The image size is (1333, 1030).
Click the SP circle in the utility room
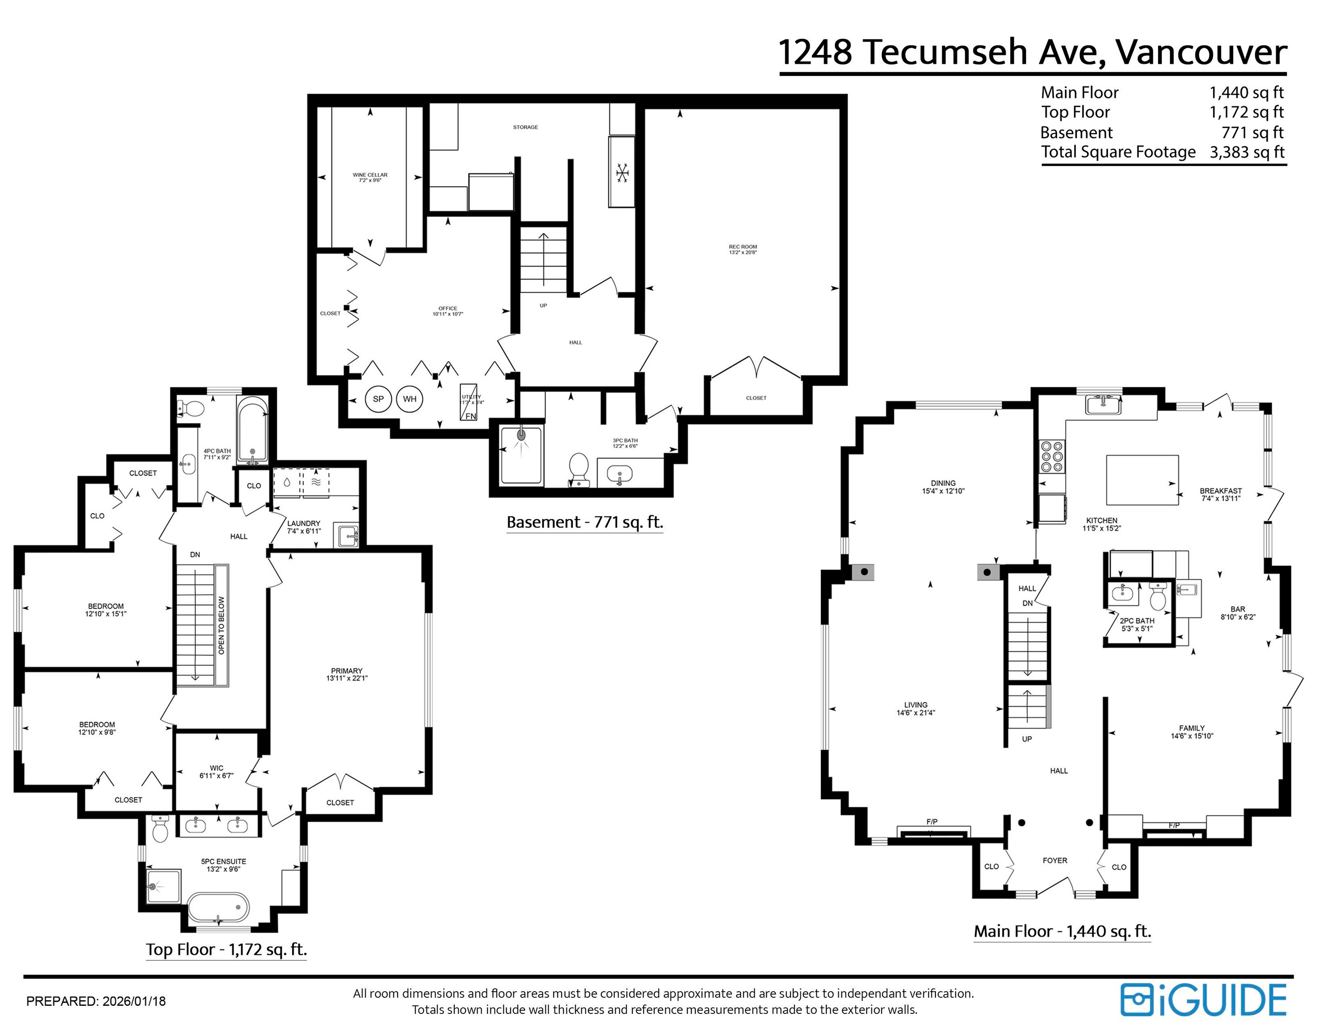pos(378,399)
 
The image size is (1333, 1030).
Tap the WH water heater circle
pos(410,399)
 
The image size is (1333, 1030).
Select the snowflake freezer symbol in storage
pos(622,173)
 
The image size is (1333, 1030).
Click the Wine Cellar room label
pos(370,177)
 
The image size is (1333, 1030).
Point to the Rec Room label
pos(742,249)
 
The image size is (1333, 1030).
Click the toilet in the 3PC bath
pos(578,469)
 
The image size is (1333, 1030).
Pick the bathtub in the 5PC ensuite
pos(218,908)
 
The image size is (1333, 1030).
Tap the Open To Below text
pos(221,625)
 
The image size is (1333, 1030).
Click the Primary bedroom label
pos(347,674)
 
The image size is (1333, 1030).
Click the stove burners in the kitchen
pos(1052,456)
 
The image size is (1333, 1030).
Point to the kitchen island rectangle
pos(1142,480)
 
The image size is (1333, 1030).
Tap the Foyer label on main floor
pos(1055,861)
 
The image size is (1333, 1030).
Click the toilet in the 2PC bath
pos(1157,597)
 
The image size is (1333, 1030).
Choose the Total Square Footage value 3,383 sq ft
pos(1247,152)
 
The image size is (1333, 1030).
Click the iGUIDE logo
pos(1203,1000)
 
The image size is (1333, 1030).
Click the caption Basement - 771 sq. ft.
pos(584,522)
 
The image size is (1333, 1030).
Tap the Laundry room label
pos(303,527)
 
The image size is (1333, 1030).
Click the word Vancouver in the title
pos(1201,52)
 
